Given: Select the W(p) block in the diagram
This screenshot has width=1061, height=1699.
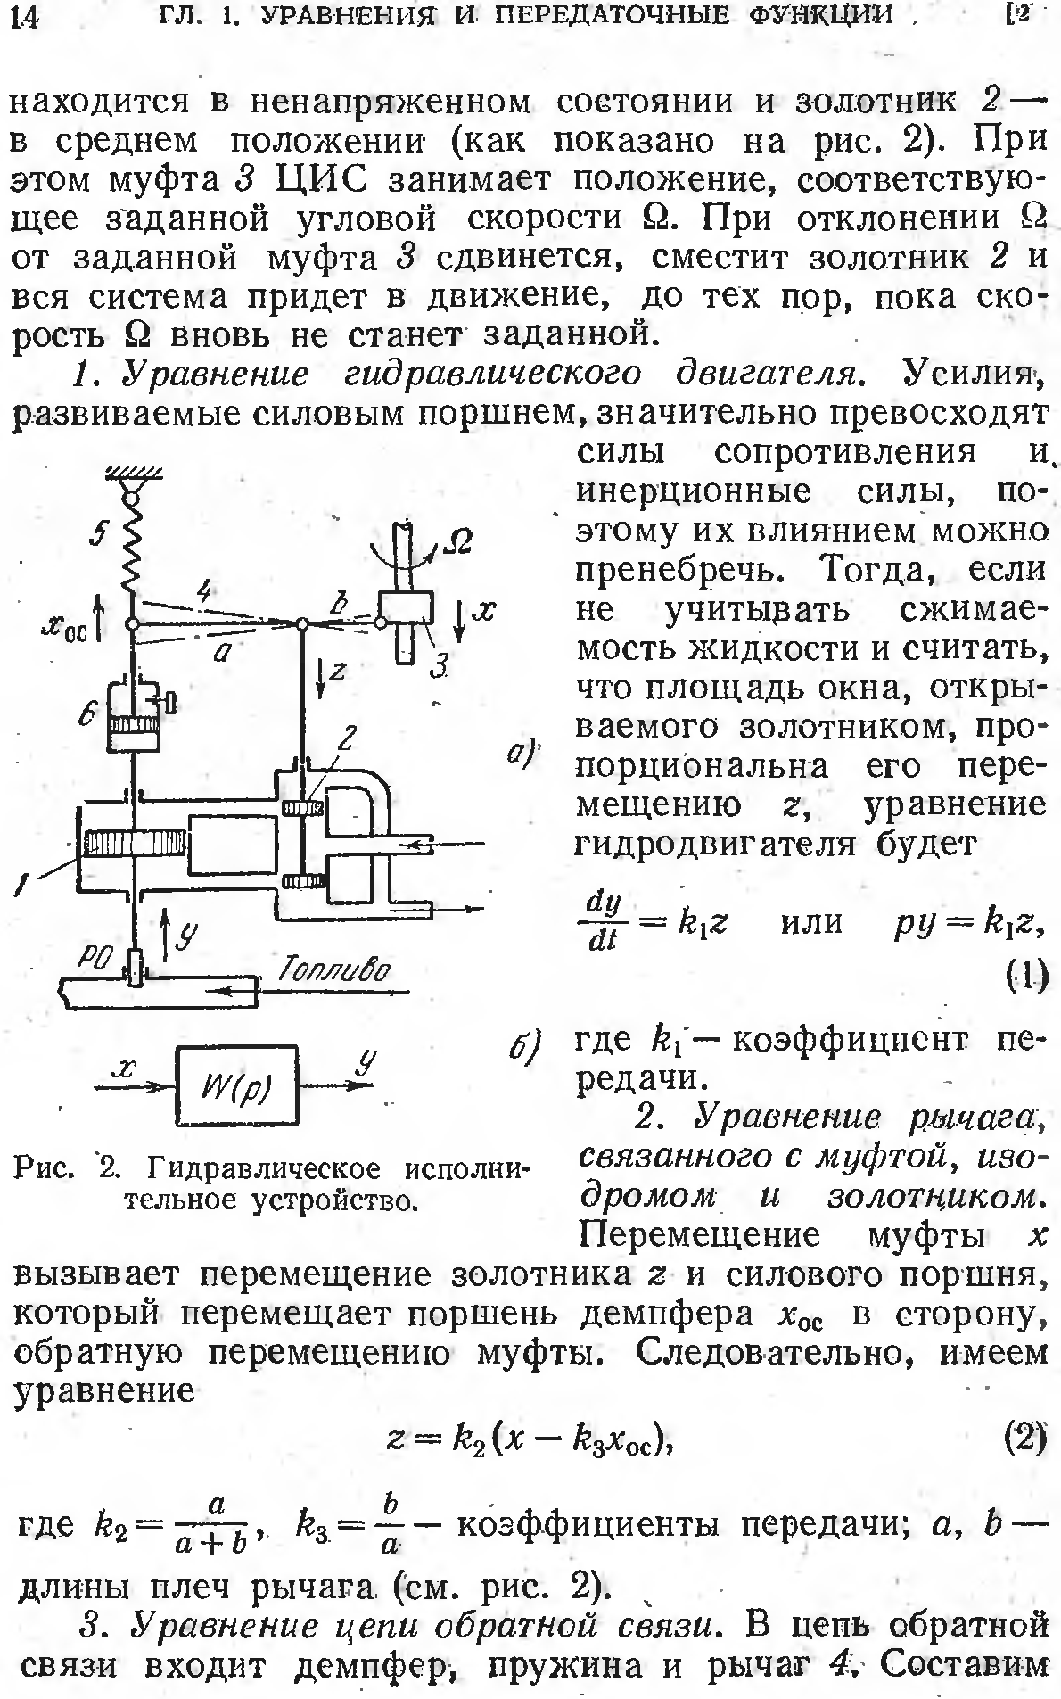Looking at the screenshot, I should click(x=237, y=1086).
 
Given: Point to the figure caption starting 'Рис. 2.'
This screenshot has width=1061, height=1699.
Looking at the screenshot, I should click(x=271, y=1183).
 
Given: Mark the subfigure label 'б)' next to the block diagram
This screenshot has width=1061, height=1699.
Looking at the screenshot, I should click(x=524, y=1043).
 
